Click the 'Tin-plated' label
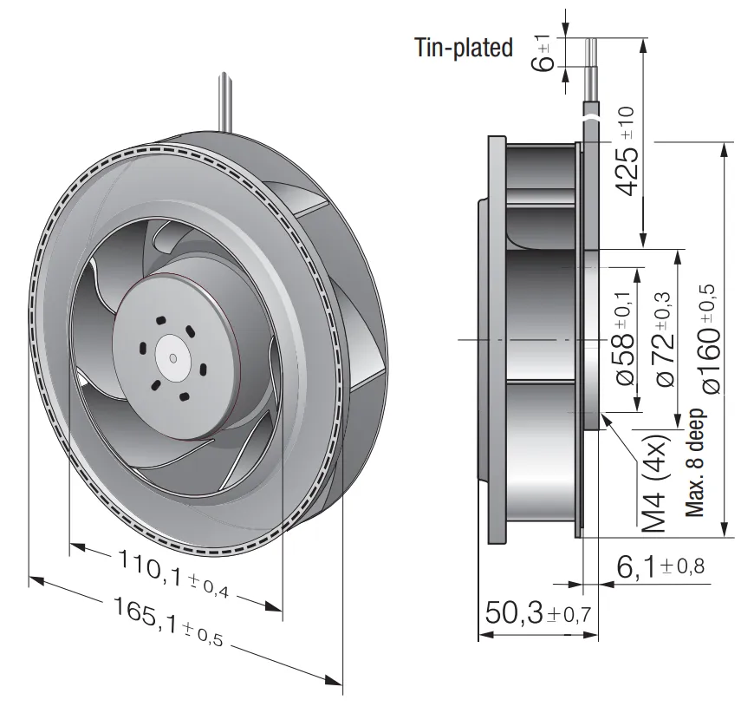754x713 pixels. [x=464, y=48]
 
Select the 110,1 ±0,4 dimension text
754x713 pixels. [x=173, y=574]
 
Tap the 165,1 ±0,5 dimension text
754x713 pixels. [x=168, y=622]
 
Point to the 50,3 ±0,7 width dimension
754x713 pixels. [x=537, y=613]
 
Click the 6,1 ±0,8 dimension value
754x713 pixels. [x=660, y=566]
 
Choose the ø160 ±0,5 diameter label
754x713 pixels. [x=710, y=339]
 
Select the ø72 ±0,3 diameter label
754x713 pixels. [x=665, y=339]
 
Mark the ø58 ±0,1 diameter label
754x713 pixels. [x=625, y=338]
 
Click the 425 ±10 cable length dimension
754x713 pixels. [x=627, y=151]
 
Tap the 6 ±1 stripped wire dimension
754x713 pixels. [x=544, y=52]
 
